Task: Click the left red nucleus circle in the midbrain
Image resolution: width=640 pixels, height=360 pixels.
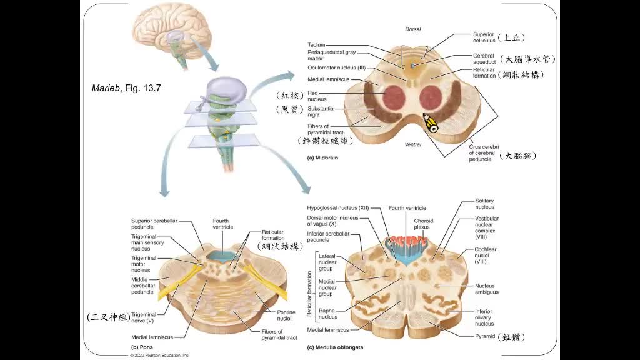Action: click(394, 97)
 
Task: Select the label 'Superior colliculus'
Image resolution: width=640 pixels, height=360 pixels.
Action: click(484, 37)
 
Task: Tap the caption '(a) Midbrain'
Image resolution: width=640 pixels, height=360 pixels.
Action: click(322, 158)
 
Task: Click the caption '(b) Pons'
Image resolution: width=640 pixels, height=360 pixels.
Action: click(142, 347)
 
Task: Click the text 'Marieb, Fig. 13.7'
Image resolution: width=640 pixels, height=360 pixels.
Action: click(126, 88)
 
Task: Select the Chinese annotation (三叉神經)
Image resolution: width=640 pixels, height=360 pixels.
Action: click(109, 317)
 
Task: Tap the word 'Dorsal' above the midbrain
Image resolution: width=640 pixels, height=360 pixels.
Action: click(413, 29)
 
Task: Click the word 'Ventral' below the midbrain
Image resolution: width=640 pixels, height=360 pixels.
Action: click(413, 144)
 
